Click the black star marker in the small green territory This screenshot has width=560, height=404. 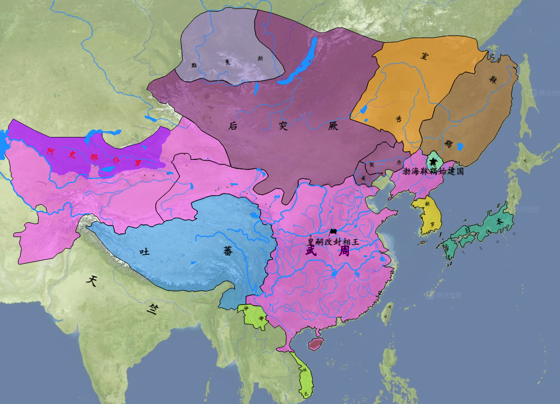(x=433, y=162)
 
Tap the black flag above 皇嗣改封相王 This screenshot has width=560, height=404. (x=334, y=232)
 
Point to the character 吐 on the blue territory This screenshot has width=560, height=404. (x=145, y=252)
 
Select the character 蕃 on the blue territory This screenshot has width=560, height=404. (x=228, y=251)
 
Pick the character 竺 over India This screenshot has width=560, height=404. (x=152, y=309)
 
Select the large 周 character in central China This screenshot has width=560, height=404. (x=344, y=250)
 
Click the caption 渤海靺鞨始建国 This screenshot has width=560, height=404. (x=433, y=171)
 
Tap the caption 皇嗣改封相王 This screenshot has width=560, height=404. (x=332, y=242)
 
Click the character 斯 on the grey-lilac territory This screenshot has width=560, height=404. (x=260, y=58)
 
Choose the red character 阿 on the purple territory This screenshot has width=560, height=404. (x=50, y=150)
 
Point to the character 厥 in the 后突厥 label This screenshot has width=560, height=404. (x=334, y=126)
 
